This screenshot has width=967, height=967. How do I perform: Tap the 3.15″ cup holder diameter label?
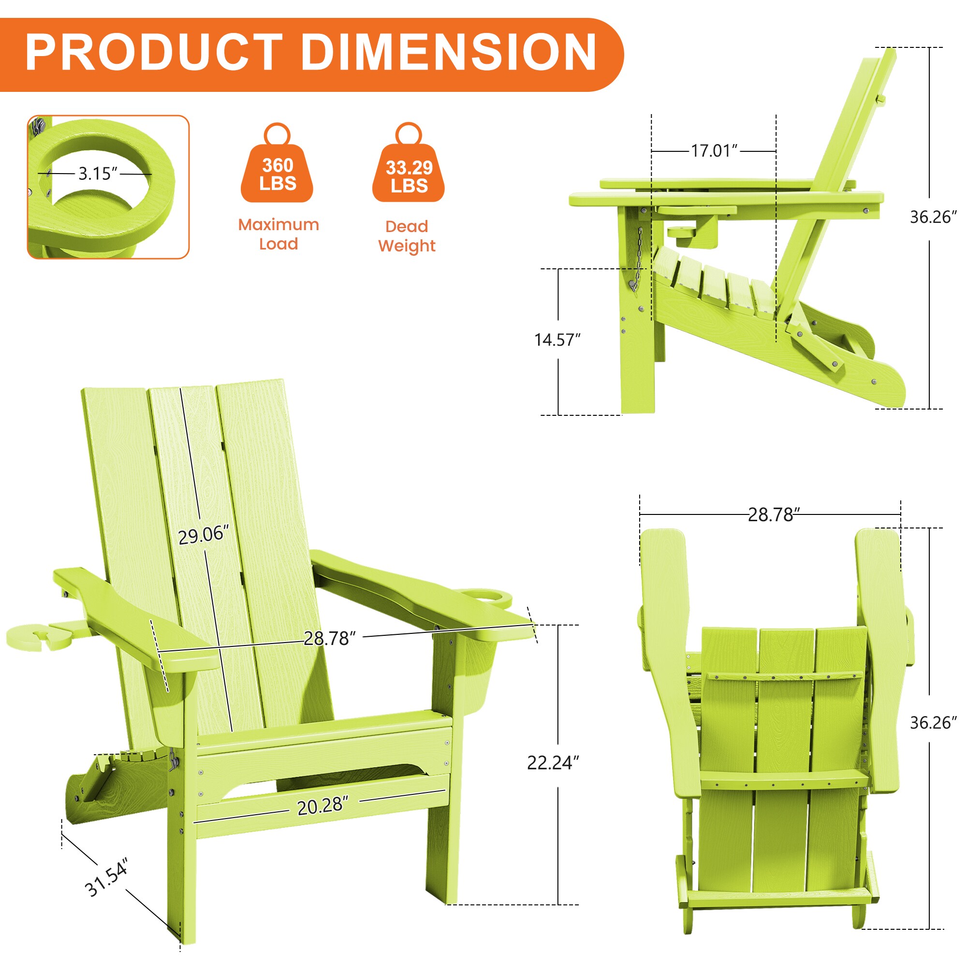pos(98,174)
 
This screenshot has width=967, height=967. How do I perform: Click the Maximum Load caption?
pos(278,234)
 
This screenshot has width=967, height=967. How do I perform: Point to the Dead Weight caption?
pos(407,236)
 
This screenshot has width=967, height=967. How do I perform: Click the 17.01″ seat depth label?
pos(714,151)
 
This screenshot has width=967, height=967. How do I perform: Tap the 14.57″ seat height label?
pos(557,340)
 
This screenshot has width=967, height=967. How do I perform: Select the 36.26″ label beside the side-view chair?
pos(933,217)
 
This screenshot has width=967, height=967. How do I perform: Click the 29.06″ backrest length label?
pos(204,535)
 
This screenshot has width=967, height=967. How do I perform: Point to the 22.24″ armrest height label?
pos(553,763)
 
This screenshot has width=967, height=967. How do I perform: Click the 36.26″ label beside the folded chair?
pos(933,723)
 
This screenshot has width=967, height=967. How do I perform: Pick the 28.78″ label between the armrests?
pos(329,638)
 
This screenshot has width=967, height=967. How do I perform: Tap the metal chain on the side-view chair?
pos(637,260)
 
